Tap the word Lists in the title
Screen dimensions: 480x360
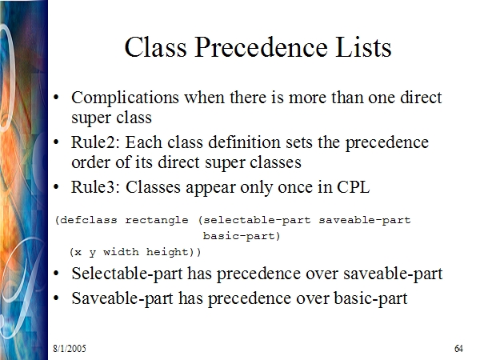tap(364, 47)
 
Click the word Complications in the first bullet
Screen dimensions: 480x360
tap(125, 98)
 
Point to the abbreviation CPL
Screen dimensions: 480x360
tap(354, 186)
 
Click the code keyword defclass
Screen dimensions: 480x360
tap(89, 221)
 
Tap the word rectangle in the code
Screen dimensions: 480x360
tap(157, 221)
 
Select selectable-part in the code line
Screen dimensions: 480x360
tap(257, 221)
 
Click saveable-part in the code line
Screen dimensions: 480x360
tap(365, 221)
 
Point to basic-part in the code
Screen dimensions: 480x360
tap(238, 236)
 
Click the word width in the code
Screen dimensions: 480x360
tap(121, 252)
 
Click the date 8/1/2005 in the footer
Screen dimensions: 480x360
tap(70, 348)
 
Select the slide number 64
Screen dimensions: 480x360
tap(458, 348)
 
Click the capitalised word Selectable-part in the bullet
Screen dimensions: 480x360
tap(127, 274)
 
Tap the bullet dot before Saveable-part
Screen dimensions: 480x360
tap(56, 298)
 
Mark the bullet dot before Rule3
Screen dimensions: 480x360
tap(56, 186)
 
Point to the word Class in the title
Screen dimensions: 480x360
tap(155, 47)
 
